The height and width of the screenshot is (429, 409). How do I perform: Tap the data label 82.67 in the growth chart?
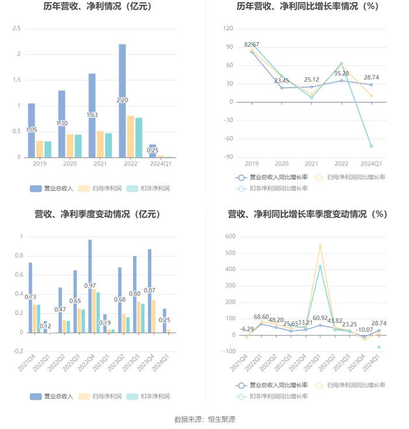[x=252, y=44]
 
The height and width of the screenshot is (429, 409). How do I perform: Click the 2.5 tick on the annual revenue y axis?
[x=16, y=29]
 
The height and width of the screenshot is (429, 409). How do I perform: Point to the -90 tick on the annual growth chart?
[x=228, y=157]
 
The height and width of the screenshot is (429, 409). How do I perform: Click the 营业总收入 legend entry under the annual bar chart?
[x=52, y=188]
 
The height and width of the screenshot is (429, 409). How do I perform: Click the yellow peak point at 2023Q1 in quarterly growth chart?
[x=320, y=245]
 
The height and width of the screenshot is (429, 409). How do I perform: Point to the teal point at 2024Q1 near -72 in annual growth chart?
[x=371, y=146]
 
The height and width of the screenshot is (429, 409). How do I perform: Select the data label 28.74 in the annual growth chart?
[x=374, y=77]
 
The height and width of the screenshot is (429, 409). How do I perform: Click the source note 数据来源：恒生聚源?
[x=204, y=419]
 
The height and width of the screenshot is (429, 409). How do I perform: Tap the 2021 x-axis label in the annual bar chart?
[x=100, y=164]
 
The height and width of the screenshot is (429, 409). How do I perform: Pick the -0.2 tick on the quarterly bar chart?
[x=17, y=351]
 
